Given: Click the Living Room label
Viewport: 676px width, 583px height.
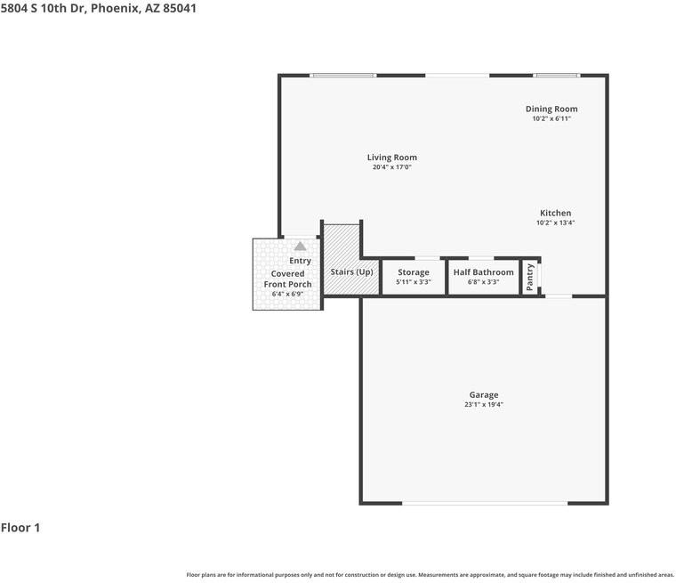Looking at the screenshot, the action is pos(392,158).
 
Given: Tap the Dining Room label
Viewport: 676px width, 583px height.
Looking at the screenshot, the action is pos(551,109).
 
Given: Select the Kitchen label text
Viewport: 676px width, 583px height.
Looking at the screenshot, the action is pos(555,213).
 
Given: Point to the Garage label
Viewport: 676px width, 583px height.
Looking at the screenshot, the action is pos(484,395).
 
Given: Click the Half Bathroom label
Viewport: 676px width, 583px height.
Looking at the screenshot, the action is pos(483,272).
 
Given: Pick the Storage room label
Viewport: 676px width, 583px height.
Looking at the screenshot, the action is pos(414,272).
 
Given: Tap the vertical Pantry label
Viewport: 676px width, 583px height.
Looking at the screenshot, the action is pos(530,278).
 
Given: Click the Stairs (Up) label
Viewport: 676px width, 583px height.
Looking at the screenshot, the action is pos(351,271).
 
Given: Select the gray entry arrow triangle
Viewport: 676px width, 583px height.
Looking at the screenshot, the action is pos(300,246).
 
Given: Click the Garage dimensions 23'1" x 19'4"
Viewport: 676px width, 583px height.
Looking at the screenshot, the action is pos(484,405).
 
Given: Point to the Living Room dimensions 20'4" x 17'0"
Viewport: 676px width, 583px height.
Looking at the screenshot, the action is pos(392,167).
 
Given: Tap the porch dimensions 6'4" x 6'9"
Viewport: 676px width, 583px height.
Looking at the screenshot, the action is pos(287,295).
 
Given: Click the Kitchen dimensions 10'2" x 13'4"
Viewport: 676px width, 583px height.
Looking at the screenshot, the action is pos(555,223).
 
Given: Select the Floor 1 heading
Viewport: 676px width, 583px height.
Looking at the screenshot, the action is pos(20,528).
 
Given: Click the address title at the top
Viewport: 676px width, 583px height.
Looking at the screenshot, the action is pos(99,8).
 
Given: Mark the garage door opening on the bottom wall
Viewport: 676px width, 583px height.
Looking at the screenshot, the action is pos(485,503).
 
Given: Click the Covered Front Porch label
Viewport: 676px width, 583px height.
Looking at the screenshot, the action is pos(287,279).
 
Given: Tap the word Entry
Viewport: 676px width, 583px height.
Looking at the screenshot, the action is pos(300,261).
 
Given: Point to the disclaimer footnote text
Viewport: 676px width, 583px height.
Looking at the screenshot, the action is pos(431,575).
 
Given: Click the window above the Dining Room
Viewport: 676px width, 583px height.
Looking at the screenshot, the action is pos(556,76).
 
